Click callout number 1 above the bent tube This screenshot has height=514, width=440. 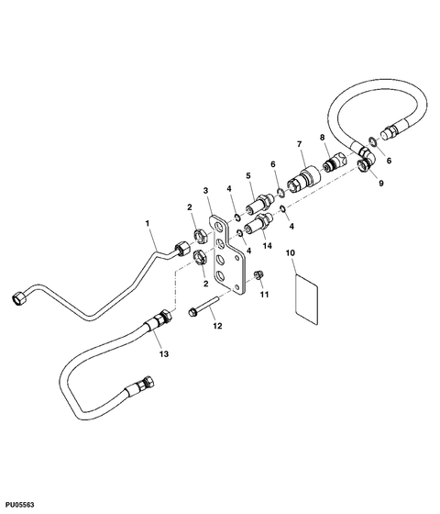(x=148, y=223)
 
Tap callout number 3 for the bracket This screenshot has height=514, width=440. (x=205, y=190)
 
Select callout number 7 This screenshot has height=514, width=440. (x=299, y=144)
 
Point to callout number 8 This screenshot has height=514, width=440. (x=322, y=137)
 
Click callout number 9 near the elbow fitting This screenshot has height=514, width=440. (x=380, y=184)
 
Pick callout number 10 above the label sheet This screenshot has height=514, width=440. (x=291, y=252)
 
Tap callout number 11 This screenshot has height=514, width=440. (x=264, y=295)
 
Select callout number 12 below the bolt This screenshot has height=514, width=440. (x=217, y=326)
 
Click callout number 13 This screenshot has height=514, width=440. (x=164, y=353)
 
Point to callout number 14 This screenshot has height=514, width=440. (x=268, y=246)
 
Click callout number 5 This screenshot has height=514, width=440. (x=248, y=175)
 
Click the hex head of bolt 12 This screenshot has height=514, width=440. (x=192, y=312)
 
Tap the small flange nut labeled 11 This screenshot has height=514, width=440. (x=258, y=274)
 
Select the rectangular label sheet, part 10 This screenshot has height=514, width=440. (x=306, y=300)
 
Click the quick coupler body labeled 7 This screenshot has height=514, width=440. (x=303, y=178)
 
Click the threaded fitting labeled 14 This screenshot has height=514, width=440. (x=258, y=224)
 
